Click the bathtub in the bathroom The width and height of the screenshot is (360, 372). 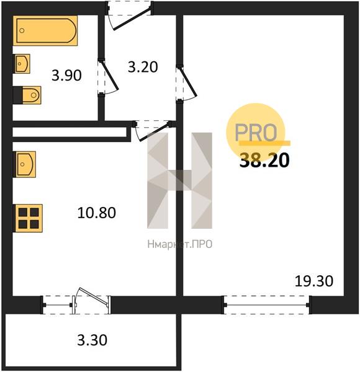coord(45,30)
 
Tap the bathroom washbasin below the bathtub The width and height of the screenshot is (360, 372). coord(22,64)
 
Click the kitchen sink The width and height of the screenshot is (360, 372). coord(26,164)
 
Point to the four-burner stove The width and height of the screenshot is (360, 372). coord(29,218)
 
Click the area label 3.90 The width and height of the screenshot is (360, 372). coord(67,76)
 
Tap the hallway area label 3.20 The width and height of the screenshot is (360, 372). coord(143,67)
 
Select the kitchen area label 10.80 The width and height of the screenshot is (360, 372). coord(97,213)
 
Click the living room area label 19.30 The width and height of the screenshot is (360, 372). coord(314,281)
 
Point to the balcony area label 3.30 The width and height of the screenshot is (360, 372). coord(92,340)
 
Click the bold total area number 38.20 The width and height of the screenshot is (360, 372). coord(264,160)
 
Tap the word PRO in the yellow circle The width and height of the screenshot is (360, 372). coord(256,132)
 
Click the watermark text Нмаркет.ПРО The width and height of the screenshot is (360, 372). coord(180,244)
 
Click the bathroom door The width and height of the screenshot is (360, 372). coord(107,77)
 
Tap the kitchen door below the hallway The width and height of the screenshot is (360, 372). coord(152,131)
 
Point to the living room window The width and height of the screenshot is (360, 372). coord(266,305)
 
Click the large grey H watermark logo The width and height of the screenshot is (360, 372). coord(179,180)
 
